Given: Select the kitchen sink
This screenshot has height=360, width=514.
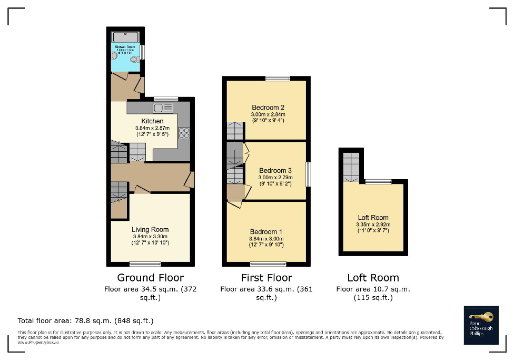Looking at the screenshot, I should [x=163, y=108].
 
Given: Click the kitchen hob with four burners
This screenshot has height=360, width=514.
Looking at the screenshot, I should [x=184, y=133].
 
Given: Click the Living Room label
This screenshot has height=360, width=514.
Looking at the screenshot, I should [x=150, y=229].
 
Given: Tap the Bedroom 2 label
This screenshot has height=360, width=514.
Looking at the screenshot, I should [x=268, y=108].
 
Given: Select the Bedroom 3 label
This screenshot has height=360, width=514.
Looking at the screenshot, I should [x=275, y=171].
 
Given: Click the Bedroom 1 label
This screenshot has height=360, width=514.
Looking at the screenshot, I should [x=266, y=232].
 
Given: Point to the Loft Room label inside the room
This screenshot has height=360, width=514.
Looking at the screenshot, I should [x=372, y=217].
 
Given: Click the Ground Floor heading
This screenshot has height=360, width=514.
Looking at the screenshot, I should [x=150, y=277].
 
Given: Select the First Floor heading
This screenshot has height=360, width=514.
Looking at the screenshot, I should [x=266, y=277].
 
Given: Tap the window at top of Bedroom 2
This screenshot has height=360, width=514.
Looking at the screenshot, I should [x=278, y=79].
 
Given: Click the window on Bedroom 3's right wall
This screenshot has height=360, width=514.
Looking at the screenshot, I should [x=308, y=174].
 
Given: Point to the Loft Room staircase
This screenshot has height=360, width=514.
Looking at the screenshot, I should [x=351, y=167].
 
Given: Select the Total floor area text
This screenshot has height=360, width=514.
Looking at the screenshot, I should [x=85, y=320].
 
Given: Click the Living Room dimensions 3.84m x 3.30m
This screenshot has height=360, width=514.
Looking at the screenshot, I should [x=150, y=237].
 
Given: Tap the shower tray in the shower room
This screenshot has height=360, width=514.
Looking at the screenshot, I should [x=125, y=36].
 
